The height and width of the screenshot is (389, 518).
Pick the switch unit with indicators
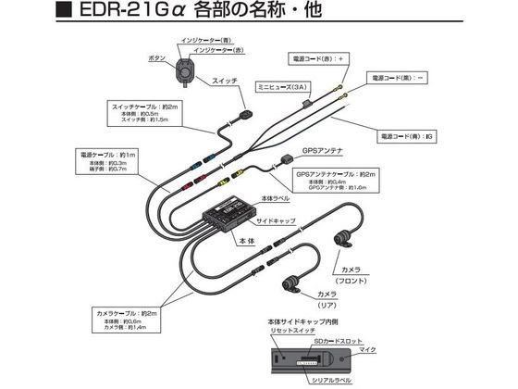(x=184, y=66)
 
